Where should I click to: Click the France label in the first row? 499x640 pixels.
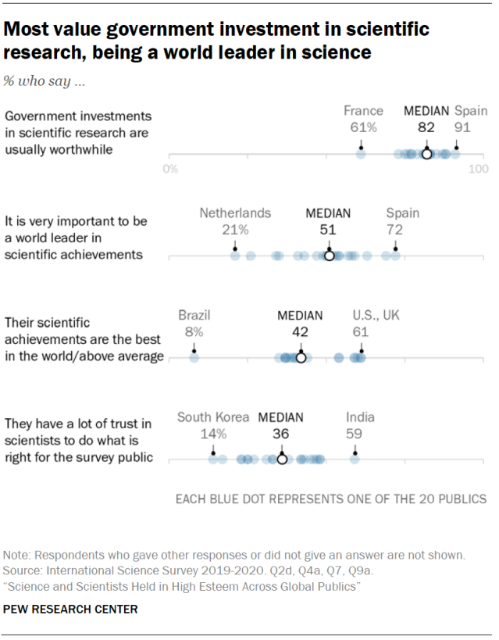(x=364, y=111)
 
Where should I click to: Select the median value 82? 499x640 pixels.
(x=426, y=127)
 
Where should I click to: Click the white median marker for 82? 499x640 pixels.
(x=426, y=154)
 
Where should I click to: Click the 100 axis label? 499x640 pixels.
(x=476, y=169)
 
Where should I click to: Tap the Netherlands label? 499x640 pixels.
(x=235, y=213)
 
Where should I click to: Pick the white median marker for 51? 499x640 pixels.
(x=329, y=256)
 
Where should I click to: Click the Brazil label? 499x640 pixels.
(x=194, y=315)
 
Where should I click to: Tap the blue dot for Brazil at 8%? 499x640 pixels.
(x=194, y=358)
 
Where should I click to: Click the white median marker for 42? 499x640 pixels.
(x=301, y=358)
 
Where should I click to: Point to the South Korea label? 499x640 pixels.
(x=213, y=417)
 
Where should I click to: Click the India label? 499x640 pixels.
(x=360, y=417)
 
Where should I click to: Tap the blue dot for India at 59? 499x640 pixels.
(x=355, y=459)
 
